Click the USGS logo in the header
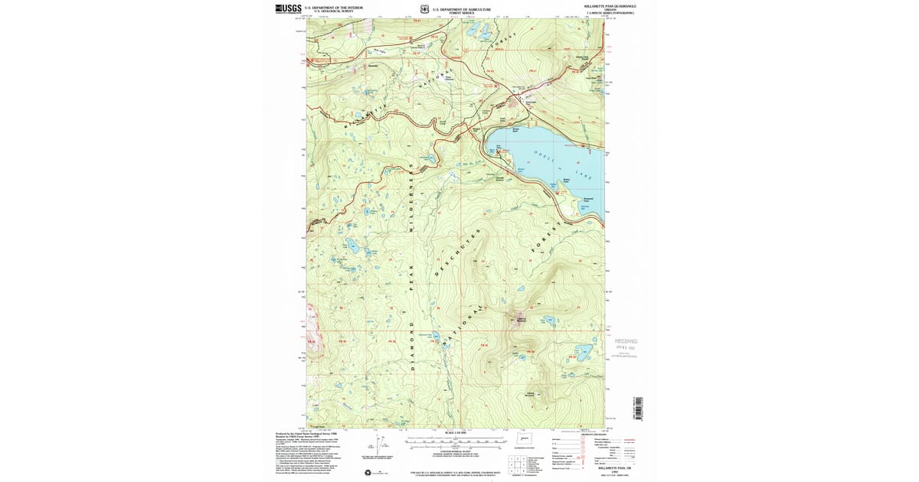288,9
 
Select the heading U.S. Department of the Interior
334,7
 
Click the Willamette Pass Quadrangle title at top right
610,6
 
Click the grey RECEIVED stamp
626,342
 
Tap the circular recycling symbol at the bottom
368,472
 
